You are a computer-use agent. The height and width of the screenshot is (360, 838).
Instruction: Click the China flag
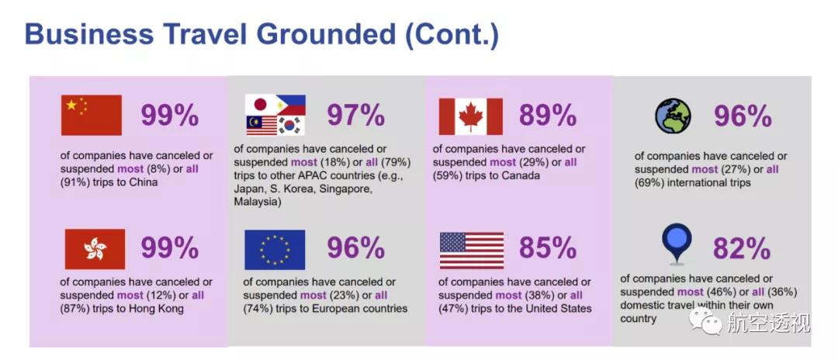92,115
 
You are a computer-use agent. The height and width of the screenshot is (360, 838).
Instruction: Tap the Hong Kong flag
95,249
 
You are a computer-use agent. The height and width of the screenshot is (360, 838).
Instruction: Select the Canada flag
471,116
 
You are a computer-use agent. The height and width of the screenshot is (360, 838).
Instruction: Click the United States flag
472,250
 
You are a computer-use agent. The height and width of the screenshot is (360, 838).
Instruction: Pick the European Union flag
275,249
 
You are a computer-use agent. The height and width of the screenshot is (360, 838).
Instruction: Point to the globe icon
674,116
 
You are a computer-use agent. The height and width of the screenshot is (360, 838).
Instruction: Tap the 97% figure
356,115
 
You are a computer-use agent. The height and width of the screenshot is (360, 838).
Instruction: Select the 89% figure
549,115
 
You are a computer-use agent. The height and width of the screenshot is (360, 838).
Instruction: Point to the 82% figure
742,248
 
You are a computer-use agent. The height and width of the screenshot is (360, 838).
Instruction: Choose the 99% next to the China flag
170,115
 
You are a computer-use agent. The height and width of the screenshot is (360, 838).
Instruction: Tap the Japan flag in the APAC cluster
260,105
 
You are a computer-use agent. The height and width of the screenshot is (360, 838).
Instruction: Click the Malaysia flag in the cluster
261,126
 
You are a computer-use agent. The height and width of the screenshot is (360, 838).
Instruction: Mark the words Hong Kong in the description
158,309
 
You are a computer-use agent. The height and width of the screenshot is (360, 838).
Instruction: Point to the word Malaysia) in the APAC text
258,202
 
